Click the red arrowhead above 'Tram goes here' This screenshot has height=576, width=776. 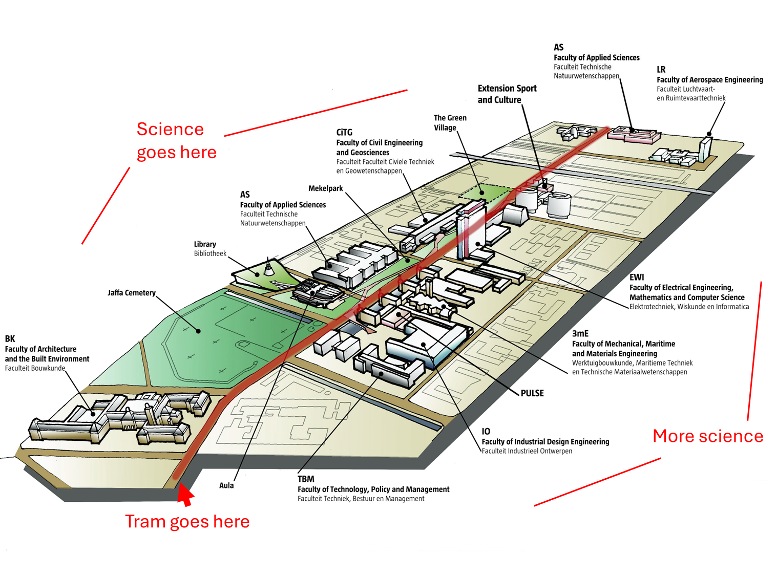click(x=185, y=495)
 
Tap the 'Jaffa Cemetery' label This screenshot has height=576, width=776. click(x=132, y=293)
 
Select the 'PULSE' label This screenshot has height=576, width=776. click(x=532, y=393)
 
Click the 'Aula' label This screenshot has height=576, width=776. click(x=226, y=485)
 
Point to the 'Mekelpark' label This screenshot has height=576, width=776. click(x=325, y=188)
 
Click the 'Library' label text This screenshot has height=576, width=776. click(x=205, y=244)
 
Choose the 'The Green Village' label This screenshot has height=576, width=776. click(x=450, y=123)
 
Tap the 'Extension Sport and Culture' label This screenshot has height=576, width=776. click(x=507, y=94)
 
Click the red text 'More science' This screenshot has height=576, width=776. click(x=708, y=436)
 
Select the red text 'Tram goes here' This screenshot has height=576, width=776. click(x=187, y=521)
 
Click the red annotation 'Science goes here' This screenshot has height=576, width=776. click(x=176, y=141)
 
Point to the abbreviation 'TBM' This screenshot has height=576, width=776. click(x=306, y=479)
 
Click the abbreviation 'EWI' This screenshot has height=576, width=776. click(x=637, y=277)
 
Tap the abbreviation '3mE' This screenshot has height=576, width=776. click(x=580, y=333)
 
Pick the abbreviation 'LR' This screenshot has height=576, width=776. click(x=661, y=70)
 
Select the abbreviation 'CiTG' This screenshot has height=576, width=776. click(x=344, y=132)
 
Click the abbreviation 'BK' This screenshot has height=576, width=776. click(x=10, y=338)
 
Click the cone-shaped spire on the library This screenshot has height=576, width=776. click(x=268, y=267)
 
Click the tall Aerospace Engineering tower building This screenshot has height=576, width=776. click(x=706, y=148)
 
